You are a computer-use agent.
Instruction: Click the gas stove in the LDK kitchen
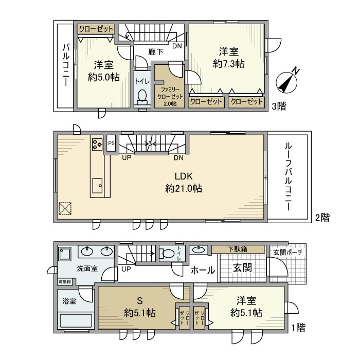(97, 144)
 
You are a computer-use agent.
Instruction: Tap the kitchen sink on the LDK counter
(97, 184)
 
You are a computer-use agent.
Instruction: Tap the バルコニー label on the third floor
(65, 64)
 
